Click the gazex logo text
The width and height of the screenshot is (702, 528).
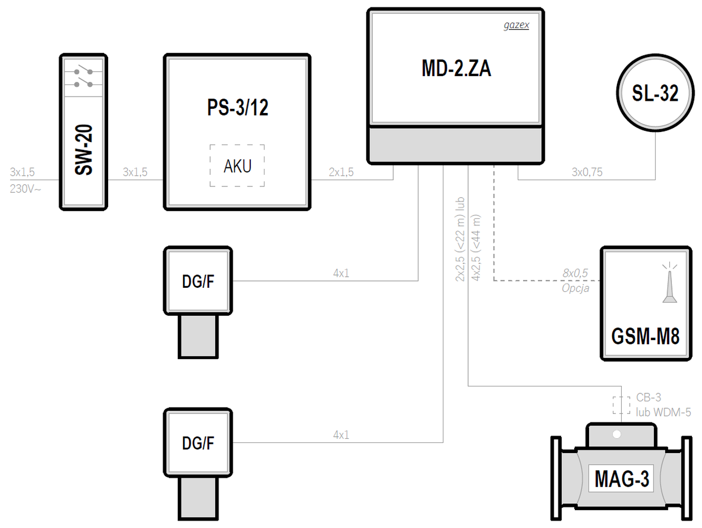516,25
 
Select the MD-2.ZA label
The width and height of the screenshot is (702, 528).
456,69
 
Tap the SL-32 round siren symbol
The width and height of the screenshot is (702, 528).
655,93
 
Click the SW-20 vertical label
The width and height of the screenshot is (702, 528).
84,149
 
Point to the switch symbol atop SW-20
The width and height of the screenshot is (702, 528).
83,77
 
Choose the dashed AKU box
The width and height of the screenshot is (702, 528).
237,166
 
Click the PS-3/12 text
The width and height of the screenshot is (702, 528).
238,108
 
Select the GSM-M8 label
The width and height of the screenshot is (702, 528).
645,336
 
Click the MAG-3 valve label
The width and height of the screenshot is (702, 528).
621,479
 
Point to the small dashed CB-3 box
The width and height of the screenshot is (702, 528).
621,405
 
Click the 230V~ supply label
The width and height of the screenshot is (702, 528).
25,188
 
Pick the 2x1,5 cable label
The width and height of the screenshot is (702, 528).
341,172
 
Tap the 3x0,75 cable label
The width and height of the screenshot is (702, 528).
586,172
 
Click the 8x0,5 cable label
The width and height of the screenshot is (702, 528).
575,273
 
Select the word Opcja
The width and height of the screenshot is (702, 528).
575,288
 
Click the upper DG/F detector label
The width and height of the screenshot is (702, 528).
198,281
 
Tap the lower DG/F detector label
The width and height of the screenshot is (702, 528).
198,443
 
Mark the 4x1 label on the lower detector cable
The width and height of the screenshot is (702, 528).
341,435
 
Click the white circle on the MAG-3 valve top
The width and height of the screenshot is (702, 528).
616,435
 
